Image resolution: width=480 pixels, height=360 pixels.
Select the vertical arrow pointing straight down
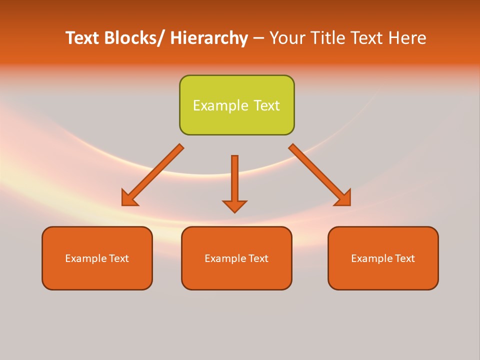pyautogui.click(x=234, y=180)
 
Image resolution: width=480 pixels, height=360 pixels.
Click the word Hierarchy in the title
pyautogui.click(x=208, y=38)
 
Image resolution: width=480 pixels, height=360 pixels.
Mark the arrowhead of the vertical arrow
pyautogui.click(x=234, y=206)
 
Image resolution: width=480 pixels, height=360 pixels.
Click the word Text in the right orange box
pyautogui.click(x=405, y=258)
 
